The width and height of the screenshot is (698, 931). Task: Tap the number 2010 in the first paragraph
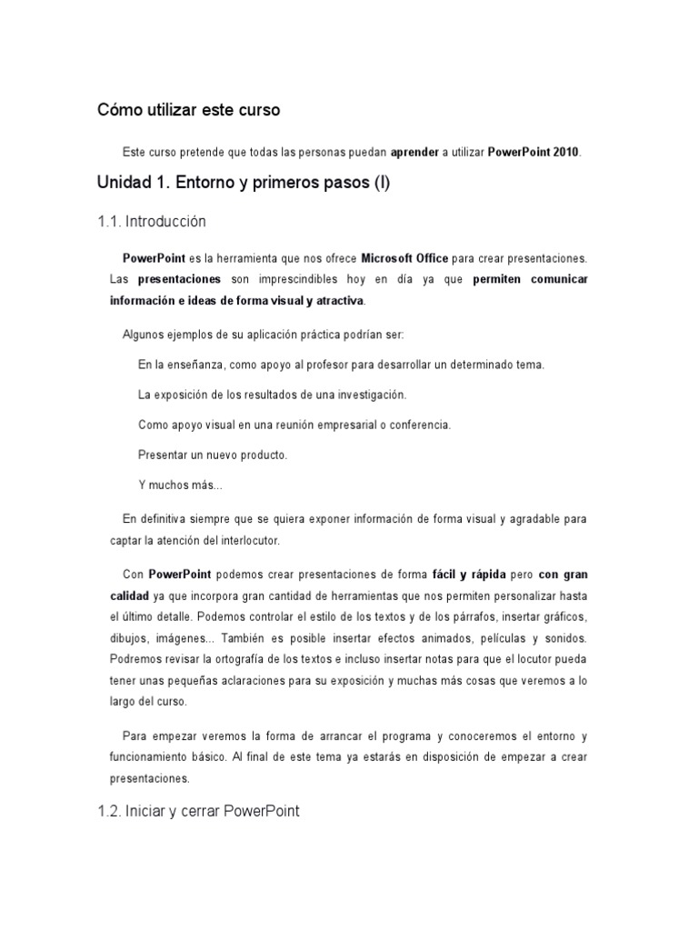[563, 151]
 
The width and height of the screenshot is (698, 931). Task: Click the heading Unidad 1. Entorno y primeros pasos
[243, 183]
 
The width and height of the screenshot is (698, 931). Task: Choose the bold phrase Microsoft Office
[404, 258]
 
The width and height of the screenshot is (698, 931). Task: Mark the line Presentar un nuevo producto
[212, 454]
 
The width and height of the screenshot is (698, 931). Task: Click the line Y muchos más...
[180, 485]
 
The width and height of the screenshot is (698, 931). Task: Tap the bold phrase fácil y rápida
[469, 575]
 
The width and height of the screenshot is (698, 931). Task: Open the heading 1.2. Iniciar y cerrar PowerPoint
[197, 811]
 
